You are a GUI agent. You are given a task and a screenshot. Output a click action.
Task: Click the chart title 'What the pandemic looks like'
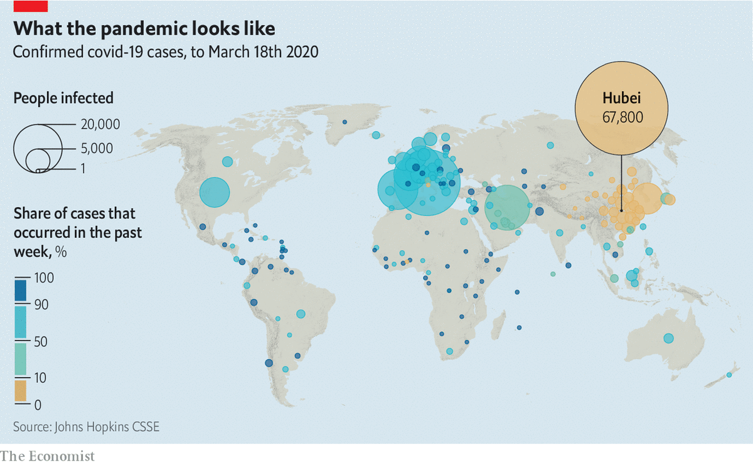pyautogui.click(x=144, y=29)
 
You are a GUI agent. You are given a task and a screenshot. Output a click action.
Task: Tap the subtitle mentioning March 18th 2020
pyautogui.click(x=166, y=51)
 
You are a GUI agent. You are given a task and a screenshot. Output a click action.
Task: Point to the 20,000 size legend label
pyautogui.click(x=100, y=124)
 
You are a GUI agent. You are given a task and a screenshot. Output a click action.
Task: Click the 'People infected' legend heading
pyautogui.click(x=63, y=98)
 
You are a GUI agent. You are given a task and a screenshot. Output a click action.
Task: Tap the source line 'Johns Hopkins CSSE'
pyautogui.click(x=87, y=427)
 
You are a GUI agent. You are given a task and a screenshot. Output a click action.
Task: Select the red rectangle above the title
pyautogui.click(x=31, y=6)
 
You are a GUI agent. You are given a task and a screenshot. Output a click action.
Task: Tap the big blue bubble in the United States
pyautogui.click(x=214, y=192)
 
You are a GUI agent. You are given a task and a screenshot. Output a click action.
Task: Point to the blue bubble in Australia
pyautogui.click(x=668, y=339)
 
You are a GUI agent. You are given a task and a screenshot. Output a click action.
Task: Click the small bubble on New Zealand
pyautogui.click(x=729, y=375)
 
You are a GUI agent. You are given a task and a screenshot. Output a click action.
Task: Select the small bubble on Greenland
pyautogui.click(x=344, y=122)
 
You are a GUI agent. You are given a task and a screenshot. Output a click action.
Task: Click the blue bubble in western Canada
pyautogui.click(x=227, y=162)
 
